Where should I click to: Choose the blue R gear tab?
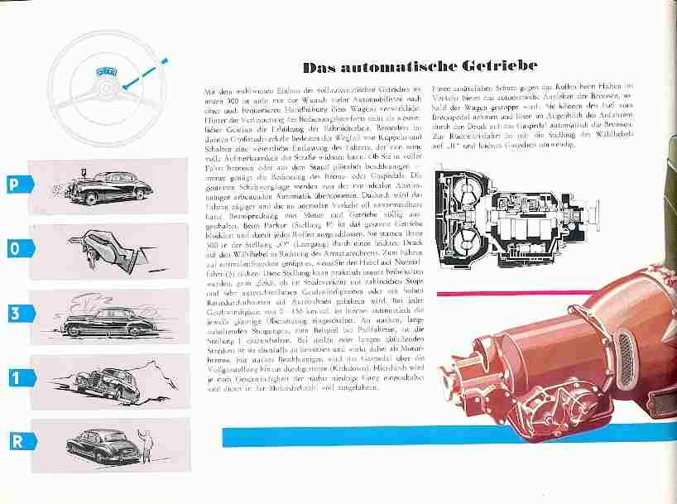(16, 440)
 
